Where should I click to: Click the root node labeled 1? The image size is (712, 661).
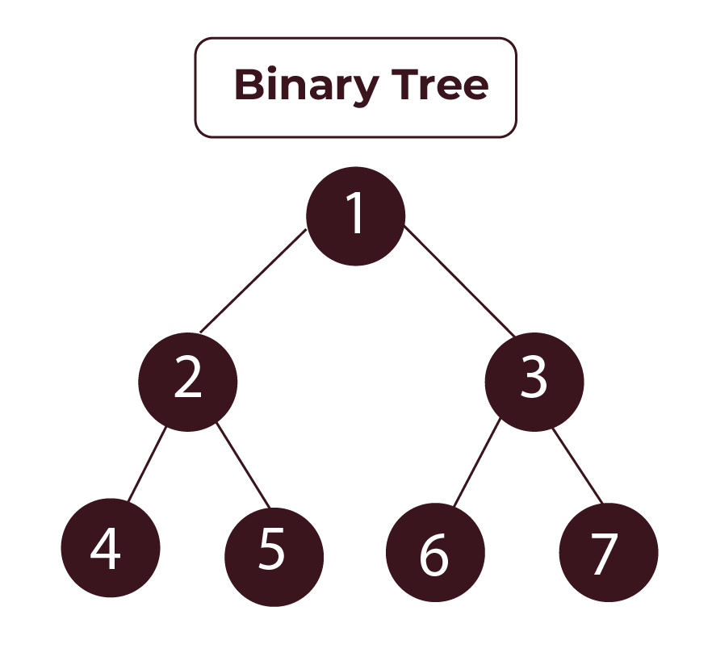coord(355,216)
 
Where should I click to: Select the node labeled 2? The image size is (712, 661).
coord(188,382)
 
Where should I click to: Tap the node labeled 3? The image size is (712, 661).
coord(534,382)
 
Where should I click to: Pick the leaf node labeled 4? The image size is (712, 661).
coord(111,548)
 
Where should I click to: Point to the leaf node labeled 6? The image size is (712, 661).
coord(435,553)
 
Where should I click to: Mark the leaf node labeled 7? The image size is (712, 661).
coord(608,553)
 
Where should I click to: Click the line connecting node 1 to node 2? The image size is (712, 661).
coord(253,282)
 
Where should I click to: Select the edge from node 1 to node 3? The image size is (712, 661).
coord(459,282)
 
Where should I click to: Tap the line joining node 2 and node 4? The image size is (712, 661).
coord(147,464)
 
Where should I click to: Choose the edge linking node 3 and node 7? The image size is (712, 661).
coord(577,466)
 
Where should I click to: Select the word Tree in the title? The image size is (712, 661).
coord(440,85)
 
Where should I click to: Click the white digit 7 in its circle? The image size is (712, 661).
coord(604,554)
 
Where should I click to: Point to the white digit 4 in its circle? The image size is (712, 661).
coord(106,549)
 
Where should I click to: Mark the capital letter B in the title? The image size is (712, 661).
coord(248,85)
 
